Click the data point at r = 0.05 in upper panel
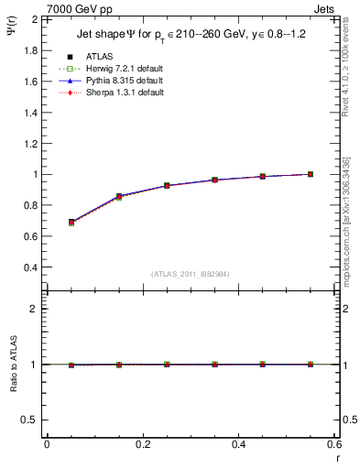(x=71, y=223)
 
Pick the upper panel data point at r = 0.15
(x=119, y=196)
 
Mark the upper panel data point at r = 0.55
(x=311, y=174)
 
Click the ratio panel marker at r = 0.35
(x=215, y=364)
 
